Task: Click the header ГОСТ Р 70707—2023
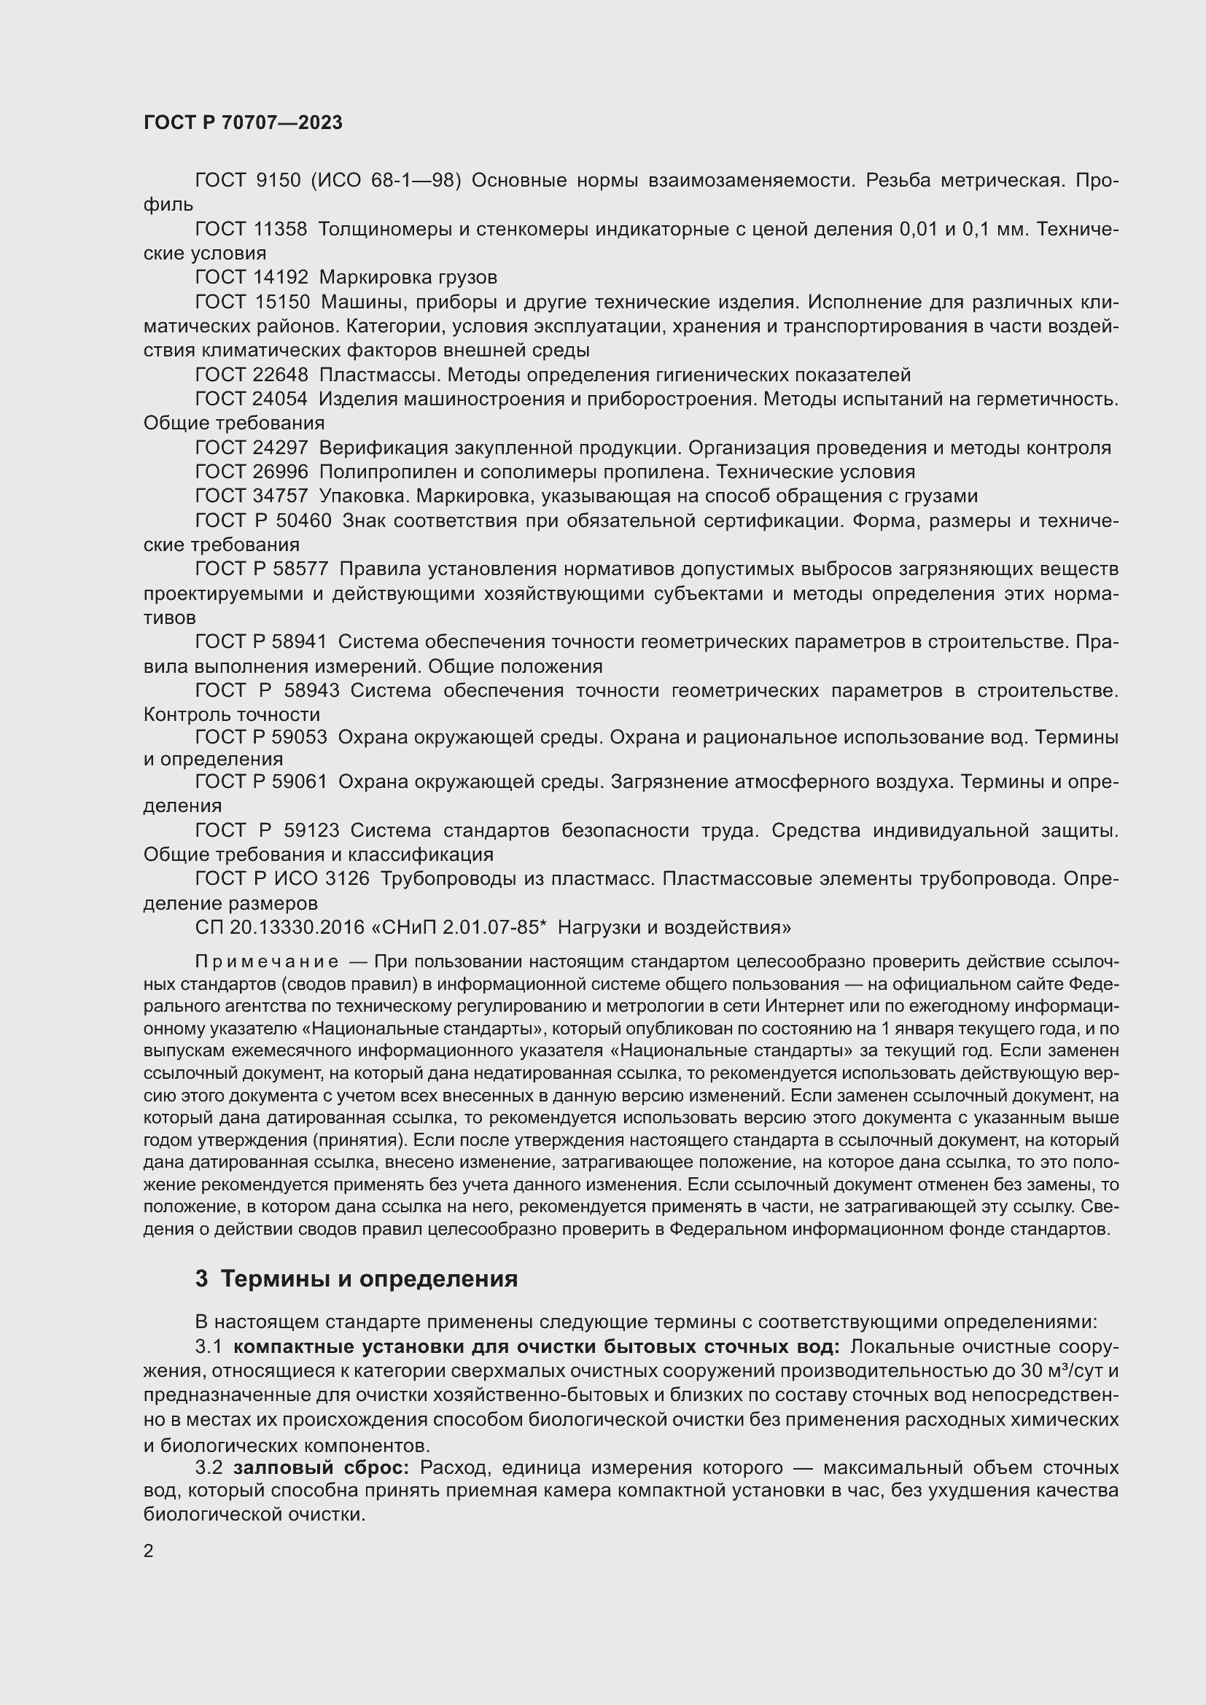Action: (x=243, y=122)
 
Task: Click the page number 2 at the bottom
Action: (x=149, y=1550)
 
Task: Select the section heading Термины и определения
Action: (x=369, y=1279)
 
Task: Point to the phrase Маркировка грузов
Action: (x=408, y=278)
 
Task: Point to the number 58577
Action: (x=300, y=569)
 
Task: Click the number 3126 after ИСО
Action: (x=347, y=878)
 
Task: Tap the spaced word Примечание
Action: (x=267, y=962)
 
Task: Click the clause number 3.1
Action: (x=209, y=1347)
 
